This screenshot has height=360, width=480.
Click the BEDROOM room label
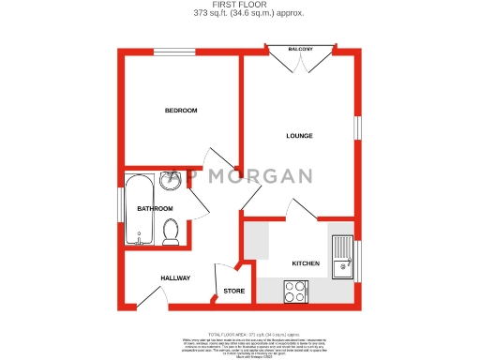[x=181, y=111]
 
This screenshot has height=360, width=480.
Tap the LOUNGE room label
[x=299, y=136]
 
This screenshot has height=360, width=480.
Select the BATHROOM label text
[x=155, y=208]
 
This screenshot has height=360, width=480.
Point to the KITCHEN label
[x=306, y=263]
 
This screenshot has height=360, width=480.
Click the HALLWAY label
[x=175, y=278]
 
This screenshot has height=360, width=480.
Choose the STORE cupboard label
[x=234, y=291]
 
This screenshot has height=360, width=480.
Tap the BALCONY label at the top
[x=300, y=49]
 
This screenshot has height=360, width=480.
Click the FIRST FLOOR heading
[x=239, y=5]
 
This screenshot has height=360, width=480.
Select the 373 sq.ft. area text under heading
[x=239, y=13]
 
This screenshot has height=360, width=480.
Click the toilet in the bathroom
[x=171, y=232]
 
